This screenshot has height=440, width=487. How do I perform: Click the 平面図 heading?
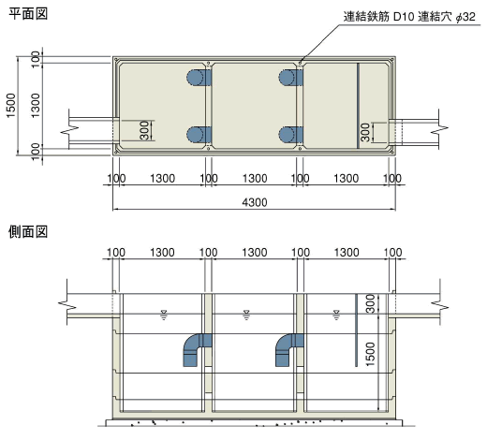tap(28, 14)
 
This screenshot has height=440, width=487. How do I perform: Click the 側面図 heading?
tap(28, 232)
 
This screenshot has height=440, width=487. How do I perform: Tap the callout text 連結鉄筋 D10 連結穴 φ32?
tap(409, 17)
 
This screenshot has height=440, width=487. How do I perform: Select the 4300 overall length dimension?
tap(255, 202)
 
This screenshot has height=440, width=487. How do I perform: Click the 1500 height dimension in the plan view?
tap(11, 106)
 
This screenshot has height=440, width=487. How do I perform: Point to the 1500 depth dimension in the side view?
tap(370, 354)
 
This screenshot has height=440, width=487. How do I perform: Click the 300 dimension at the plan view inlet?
tap(144, 130)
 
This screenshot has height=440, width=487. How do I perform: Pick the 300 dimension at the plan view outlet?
tap(365, 132)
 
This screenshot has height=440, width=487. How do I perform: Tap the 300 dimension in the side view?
tap(370, 303)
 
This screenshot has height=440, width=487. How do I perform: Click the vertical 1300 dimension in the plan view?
tap(36, 106)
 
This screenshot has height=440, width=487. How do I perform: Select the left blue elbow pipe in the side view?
tap(195, 349)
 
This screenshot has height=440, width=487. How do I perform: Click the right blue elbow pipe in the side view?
tap(288, 349)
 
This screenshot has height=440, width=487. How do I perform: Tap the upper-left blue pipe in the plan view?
tap(199, 77)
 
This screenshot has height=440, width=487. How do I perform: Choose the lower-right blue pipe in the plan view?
tap(290, 135)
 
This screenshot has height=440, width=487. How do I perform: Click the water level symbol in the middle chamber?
tap(246, 315)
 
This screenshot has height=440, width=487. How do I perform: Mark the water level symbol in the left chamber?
tap(163, 315)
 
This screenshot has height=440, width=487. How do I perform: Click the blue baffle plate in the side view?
tap(356, 330)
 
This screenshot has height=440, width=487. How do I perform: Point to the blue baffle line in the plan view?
tap(358, 106)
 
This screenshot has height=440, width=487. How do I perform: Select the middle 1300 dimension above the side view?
tap(255, 252)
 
